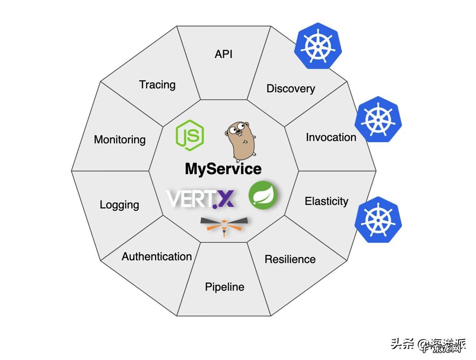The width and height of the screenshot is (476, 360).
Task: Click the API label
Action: coord(223,54)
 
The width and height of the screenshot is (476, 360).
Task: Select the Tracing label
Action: coord(157,85)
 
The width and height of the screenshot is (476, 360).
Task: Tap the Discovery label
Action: coord(290,89)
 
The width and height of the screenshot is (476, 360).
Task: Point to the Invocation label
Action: coord(331,137)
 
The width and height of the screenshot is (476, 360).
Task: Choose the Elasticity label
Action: coord(326,201)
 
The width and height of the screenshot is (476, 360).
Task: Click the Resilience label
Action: coord(290,259)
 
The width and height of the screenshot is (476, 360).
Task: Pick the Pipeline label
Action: coord(225,287)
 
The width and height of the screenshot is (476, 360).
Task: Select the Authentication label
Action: coord(157,256)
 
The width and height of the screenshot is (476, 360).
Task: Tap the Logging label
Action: coord(119,205)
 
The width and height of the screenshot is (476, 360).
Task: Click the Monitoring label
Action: coord(120,140)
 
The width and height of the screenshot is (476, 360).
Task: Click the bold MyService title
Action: coord(223,169)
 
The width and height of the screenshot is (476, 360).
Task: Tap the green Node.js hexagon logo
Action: coord(190,135)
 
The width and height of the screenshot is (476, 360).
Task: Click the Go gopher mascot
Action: coord(240,139)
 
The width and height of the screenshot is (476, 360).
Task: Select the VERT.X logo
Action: coord(201,198)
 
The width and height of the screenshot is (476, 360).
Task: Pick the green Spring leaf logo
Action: coord(263,194)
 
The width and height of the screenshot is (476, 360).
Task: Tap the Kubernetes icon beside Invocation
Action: coord(378,119)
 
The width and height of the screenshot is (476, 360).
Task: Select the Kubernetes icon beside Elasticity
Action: coord(378,219)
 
